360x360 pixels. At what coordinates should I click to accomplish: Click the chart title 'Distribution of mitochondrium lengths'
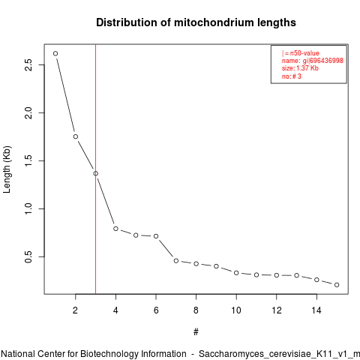[x=196, y=22]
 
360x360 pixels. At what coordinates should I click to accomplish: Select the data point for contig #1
[x=55, y=53]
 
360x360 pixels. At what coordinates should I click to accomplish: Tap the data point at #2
[x=76, y=136]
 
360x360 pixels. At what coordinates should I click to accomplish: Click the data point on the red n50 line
[x=96, y=173]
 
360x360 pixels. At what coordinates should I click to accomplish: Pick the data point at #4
[x=115, y=229]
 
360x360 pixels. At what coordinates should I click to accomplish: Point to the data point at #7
[x=176, y=261]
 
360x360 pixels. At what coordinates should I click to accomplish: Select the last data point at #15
[x=337, y=285]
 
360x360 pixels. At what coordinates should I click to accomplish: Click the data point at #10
[x=236, y=273]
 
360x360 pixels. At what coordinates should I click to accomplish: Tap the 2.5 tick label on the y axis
[x=28, y=64]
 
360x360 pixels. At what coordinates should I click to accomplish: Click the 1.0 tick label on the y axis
[x=28, y=208]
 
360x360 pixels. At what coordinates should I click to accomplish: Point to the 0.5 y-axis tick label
[x=28, y=256]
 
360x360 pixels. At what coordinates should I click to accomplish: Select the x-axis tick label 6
[x=156, y=310]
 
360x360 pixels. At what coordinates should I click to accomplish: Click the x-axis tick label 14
[x=316, y=310]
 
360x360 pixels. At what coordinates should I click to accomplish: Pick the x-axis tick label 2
[x=76, y=310]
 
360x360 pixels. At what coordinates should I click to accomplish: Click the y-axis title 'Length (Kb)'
[x=7, y=169]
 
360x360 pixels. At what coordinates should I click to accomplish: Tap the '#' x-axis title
[x=196, y=332]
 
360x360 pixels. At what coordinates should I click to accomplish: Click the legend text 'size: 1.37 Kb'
[x=300, y=68]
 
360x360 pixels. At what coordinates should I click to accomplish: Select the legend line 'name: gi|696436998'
[x=313, y=61]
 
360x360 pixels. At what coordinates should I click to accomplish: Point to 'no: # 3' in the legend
[x=292, y=76]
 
